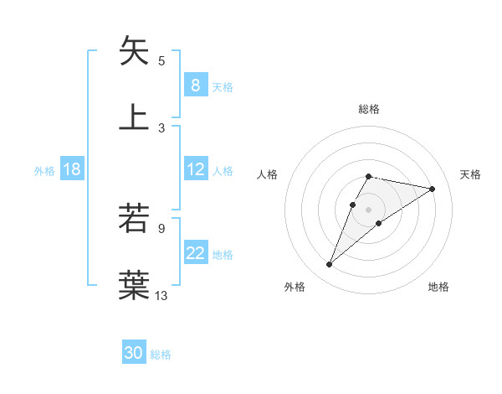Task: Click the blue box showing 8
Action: [195, 85]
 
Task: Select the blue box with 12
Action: [195, 169]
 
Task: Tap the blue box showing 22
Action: [195, 253]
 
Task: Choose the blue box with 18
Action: [72, 169]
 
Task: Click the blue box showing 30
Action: [134, 353]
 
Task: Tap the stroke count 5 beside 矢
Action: [161, 60]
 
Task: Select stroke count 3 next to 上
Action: [161, 127]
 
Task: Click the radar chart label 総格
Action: [368, 109]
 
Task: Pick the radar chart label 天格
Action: [471, 174]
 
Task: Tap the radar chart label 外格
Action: [295, 287]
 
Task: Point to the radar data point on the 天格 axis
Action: [433, 189]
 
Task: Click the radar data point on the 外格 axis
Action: [330, 265]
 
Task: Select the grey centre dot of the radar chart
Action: [368, 210]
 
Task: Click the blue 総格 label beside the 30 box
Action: [161, 355]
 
